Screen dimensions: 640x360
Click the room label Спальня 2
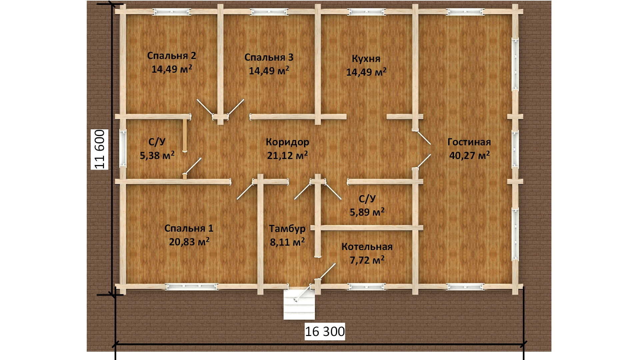(x=172, y=56)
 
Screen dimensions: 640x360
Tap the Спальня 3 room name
(x=269, y=57)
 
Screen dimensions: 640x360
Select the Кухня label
(x=366, y=59)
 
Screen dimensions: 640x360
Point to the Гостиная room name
(x=469, y=142)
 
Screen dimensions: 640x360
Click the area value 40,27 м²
(x=469, y=155)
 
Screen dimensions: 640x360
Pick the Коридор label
(x=287, y=142)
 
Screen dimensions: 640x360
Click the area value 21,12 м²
(x=287, y=155)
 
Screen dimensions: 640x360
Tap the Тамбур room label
(x=287, y=229)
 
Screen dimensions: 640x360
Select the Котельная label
(x=367, y=247)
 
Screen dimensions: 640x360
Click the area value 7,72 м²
(x=367, y=260)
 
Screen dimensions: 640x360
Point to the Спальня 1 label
(x=189, y=228)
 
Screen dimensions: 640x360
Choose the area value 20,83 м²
(x=189, y=242)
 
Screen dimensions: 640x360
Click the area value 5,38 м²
(x=157, y=155)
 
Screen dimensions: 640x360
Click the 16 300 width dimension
(x=325, y=332)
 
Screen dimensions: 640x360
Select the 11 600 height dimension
(x=100, y=149)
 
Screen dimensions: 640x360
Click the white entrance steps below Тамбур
(x=299, y=305)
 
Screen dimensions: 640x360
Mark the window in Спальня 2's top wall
(x=172, y=12)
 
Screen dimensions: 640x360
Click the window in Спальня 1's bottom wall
(x=192, y=287)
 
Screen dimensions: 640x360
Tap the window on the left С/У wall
(x=123, y=148)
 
